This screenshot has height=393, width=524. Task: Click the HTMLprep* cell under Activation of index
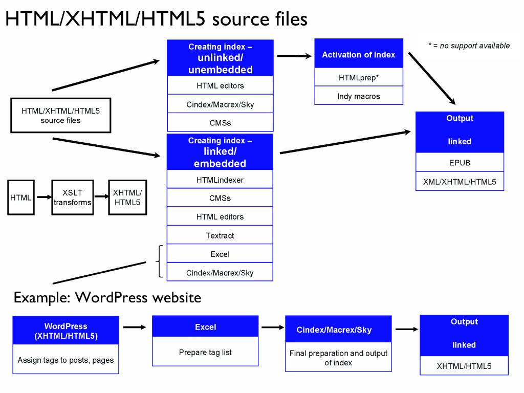click(x=359, y=78)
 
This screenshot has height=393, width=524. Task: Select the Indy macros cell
click(x=359, y=96)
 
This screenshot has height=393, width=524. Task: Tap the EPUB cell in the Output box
click(x=460, y=163)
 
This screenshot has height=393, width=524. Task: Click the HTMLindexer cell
click(x=220, y=180)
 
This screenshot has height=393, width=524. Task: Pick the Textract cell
click(x=220, y=235)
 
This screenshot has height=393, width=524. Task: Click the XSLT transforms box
click(x=73, y=197)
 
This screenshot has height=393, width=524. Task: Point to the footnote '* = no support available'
click(x=469, y=46)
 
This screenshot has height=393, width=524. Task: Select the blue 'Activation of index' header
click(x=359, y=54)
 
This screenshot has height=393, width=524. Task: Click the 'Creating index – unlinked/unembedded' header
click(x=220, y=58)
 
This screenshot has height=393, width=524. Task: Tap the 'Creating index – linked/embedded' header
click(x=220, y=152)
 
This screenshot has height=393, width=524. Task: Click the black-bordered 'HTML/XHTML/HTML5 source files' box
click(x=61, y=116)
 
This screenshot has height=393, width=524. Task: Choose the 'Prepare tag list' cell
click(x=205, y=352)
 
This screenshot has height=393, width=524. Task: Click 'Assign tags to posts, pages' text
click(x=65, y=360)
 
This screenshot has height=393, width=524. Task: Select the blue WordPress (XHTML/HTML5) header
click(x=65, y=331)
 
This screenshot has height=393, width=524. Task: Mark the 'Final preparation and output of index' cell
click(x=338, y=358)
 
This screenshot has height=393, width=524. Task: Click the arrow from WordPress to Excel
click(x=135, y=327)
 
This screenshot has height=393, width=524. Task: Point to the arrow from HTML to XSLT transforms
click(x=42, y=198)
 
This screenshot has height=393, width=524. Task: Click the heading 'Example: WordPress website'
click(x=107, y=297)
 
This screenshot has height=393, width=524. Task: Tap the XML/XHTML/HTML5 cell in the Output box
click(x=460, y=181)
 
